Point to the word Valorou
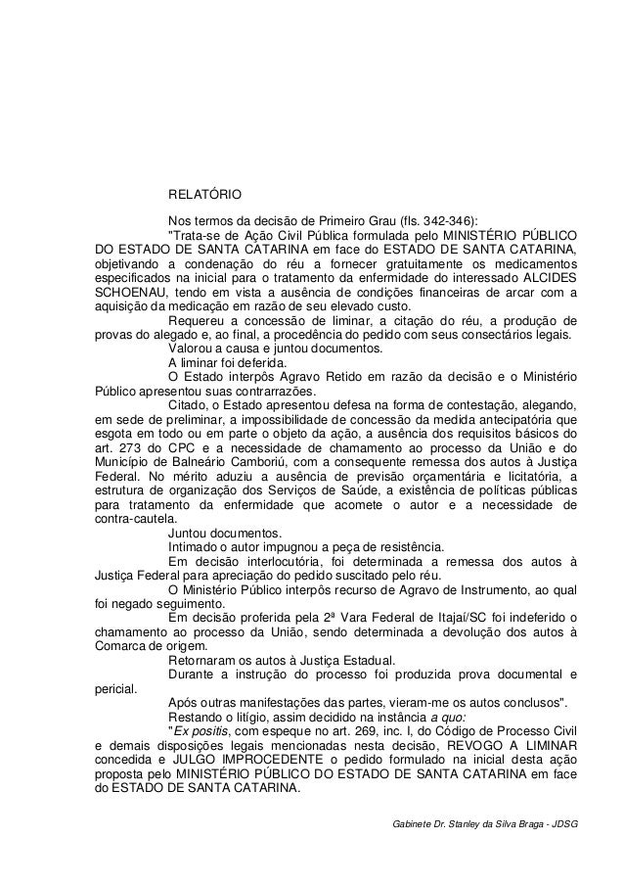[x=192, y=349]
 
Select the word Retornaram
[x=202, y=661]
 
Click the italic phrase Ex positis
[x=201, y=732]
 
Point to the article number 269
[x=376, y=732]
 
